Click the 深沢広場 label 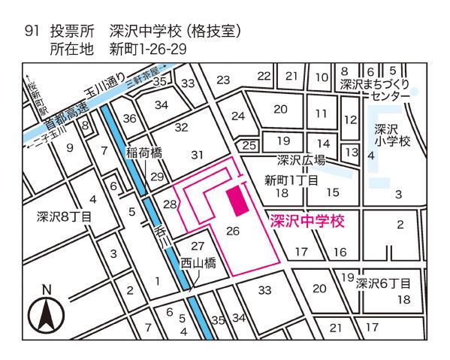[x=301, y=160]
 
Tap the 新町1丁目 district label [x=292, y=180]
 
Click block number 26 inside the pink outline [x=232, y=231]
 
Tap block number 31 [x=198, y=155]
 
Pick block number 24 [x=238, y=116]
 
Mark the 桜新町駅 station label [x=32, y=98]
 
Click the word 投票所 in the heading [x=73, y=32]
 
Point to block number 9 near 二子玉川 [x=70, y=148]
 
